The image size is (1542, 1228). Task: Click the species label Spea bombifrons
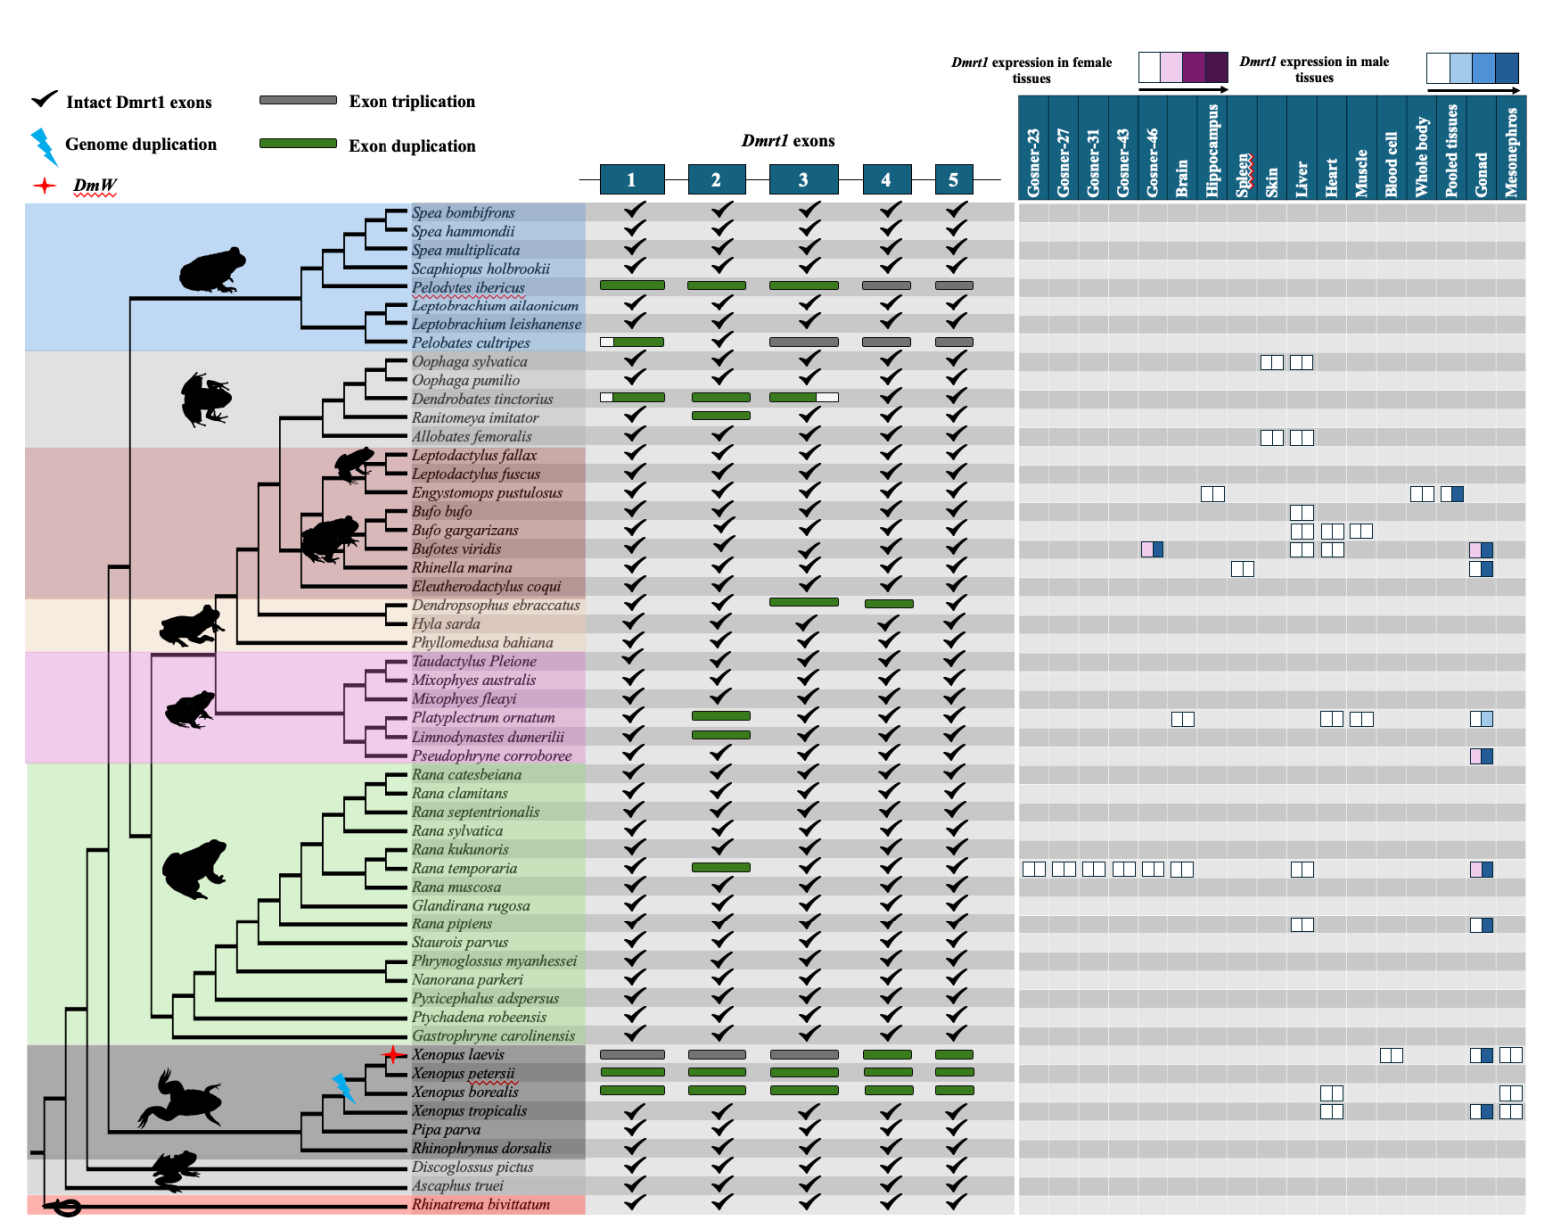(463, 213)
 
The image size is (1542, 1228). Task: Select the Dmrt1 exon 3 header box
(803, 180)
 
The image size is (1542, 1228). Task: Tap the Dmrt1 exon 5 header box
(953, 180)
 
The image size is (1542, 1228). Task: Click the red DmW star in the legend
(45, 186)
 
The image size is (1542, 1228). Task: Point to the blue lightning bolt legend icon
(44, 146)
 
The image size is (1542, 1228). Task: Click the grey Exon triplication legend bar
(298, 100)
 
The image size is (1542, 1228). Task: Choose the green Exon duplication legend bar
(298, 144)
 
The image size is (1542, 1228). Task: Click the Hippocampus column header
(1212, 148)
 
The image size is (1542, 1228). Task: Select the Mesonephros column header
(1511, 150)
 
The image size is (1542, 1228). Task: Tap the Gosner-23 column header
(1033, 160)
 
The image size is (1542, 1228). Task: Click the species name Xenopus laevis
(458, 1055)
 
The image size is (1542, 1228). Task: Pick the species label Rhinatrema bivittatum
(480, 1205)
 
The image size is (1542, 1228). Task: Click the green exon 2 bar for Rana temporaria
(720, 867)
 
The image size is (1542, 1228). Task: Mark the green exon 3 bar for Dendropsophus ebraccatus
(803, 602)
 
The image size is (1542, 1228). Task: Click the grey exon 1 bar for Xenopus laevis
(632, 1054)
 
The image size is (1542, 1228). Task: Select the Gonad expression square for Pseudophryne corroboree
(1481, 756)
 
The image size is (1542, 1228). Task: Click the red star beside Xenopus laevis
(394, 1054)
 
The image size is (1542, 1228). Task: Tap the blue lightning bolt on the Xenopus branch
(344, 1088)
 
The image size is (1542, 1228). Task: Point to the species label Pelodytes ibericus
(468, 288)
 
